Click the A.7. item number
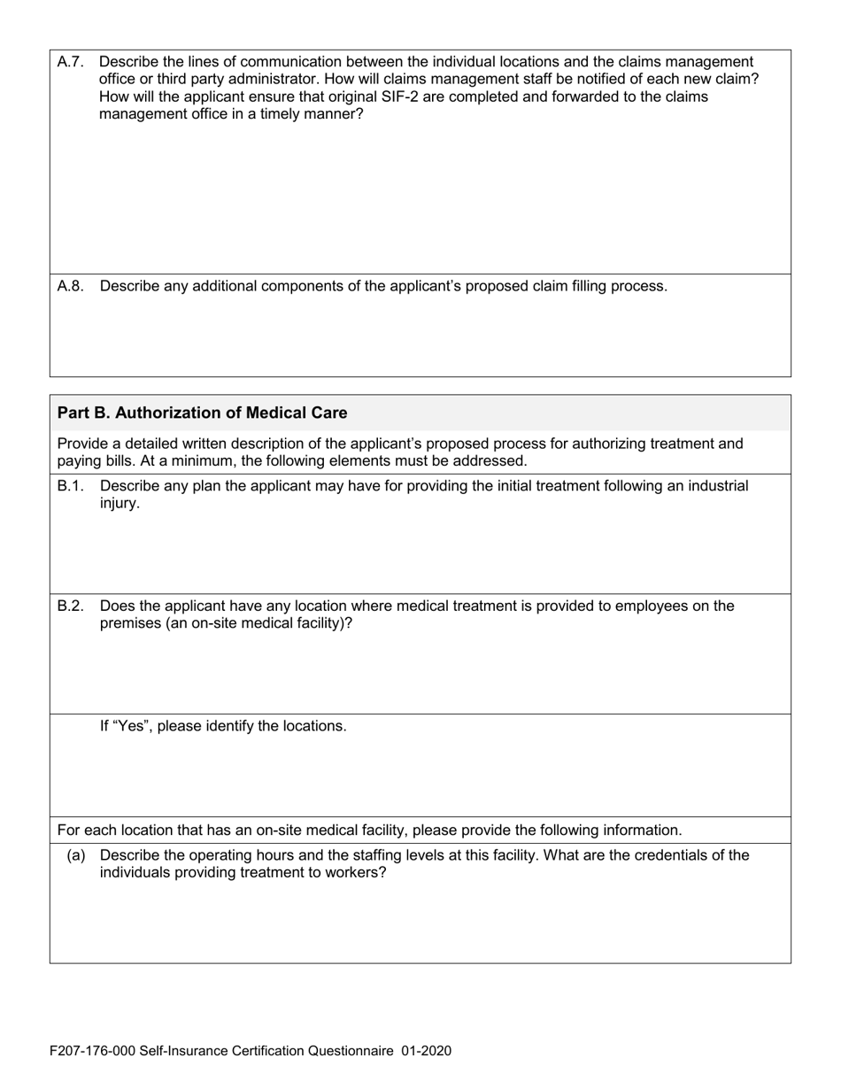(x=70, y=62)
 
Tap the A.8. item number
(x=70, y=286)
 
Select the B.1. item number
(x=70, y=486)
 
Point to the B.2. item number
(x=70, y=606)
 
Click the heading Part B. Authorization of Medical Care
(x=202, y=413)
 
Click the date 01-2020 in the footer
(x=426, y=1051)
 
